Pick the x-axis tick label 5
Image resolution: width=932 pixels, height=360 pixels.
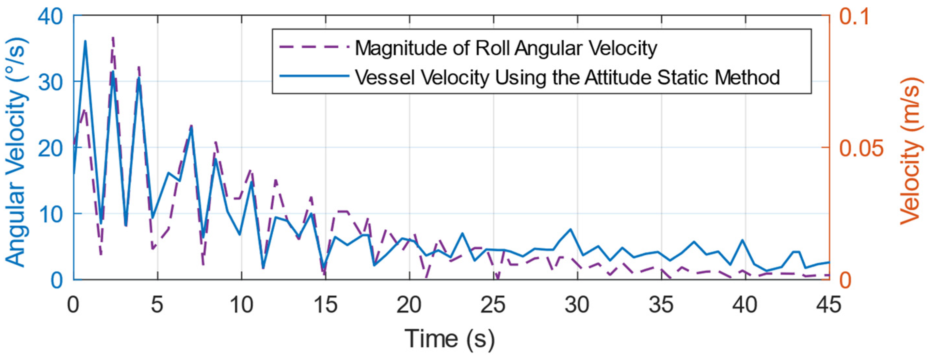coord(157,305)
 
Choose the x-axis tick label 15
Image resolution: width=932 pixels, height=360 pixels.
coord(325,305)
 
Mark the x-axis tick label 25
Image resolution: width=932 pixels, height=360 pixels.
coord(493,305)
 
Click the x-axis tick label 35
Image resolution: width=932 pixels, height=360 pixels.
coord(661,305)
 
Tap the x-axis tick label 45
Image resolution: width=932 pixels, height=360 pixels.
coord(828,305)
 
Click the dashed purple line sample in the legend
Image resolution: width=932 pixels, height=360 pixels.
coord(314,47)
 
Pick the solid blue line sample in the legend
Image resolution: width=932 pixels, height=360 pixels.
coord(314,76)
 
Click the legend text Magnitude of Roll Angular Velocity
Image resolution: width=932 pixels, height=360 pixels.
coord(506,48)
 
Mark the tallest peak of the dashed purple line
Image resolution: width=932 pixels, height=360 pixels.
coord(113,37)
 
